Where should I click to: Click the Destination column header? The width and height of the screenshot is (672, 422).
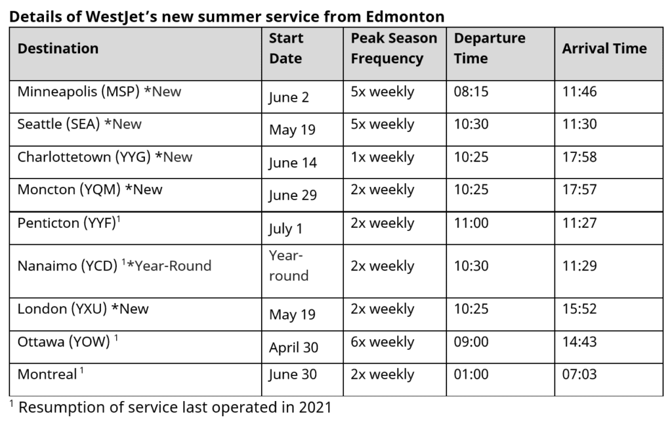pyautogui.click(x=58, y=49)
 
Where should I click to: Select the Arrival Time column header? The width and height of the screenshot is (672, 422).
pyautogui.click(x=604, y=49)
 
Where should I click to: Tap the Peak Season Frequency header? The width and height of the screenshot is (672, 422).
pyautogui.click(x=394, y=49)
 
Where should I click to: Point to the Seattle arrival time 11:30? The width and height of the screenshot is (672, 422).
pyautogui.click(x=579, y=124)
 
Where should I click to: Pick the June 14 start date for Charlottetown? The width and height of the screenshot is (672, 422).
pyautogui.click(x=293, y=163)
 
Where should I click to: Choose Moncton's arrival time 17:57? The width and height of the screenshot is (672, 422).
pyautogui.click(x=579, y=190)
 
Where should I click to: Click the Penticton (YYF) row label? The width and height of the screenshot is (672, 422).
pyautogui.click(x=69, y=222)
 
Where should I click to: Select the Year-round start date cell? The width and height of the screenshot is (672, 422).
pyautogui.click(x=289, y=266)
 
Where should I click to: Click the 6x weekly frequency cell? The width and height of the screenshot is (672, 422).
pyautogui.click(x=383, y=342)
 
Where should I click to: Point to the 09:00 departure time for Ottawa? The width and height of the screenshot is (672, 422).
pyautogui.click(x=471, y=342)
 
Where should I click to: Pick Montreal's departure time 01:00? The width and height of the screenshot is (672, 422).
pyautogui.click(x=471, y=375)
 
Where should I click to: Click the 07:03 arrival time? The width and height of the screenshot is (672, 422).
pyautogui.click(x=579, y=375)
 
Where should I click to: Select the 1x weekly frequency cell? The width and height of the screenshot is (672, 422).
pyautogui.click(x=383, y=158)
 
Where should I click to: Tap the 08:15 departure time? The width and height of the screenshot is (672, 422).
pyautogui.click(x=471, y=92)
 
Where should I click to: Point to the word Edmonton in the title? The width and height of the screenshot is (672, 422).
pyautogui.click(x=405, y=16)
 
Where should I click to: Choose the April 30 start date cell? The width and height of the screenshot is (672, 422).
pyautogui.click(x=293, y=347)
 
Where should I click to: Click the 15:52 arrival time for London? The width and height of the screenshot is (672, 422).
pyautogui.click(x=579, y=309)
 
